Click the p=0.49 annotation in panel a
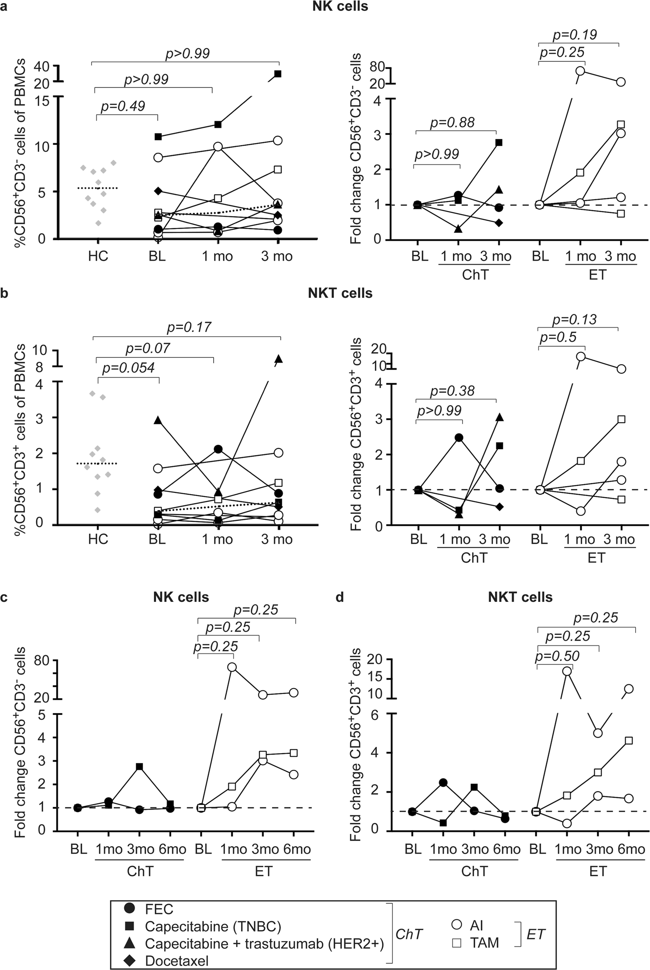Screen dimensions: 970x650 (x=123, y=106)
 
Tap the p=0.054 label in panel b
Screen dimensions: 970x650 (x=128, y=368)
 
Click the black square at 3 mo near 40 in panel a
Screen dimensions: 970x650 (x=278, y=74)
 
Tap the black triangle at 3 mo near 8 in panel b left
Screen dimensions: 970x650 (x=279, y=359)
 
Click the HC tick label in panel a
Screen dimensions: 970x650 (x=98, y=256)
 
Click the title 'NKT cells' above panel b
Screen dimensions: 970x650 (x=340, y=293)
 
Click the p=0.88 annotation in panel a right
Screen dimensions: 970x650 (x=452, y=123)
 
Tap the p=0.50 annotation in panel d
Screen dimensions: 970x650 (x=557, y=656)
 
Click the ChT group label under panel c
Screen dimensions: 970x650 (x=140, y=871)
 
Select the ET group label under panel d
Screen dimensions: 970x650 (x=598, y=871)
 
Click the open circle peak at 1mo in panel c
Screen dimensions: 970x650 (x=232, y=667)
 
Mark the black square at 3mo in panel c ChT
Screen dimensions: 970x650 (x=140, y=766)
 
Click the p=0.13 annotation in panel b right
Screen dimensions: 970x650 (x=574, y=320)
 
